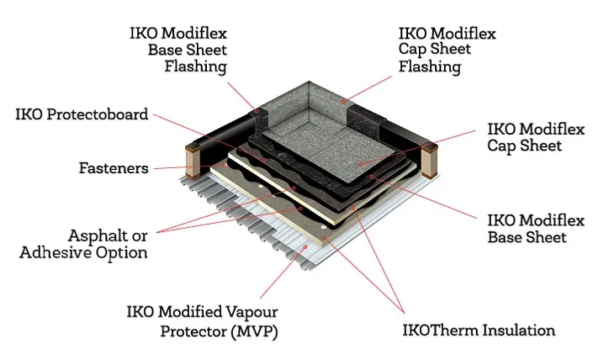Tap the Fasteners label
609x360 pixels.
pos(114,167)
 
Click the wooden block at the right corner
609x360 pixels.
pos(431,156)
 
